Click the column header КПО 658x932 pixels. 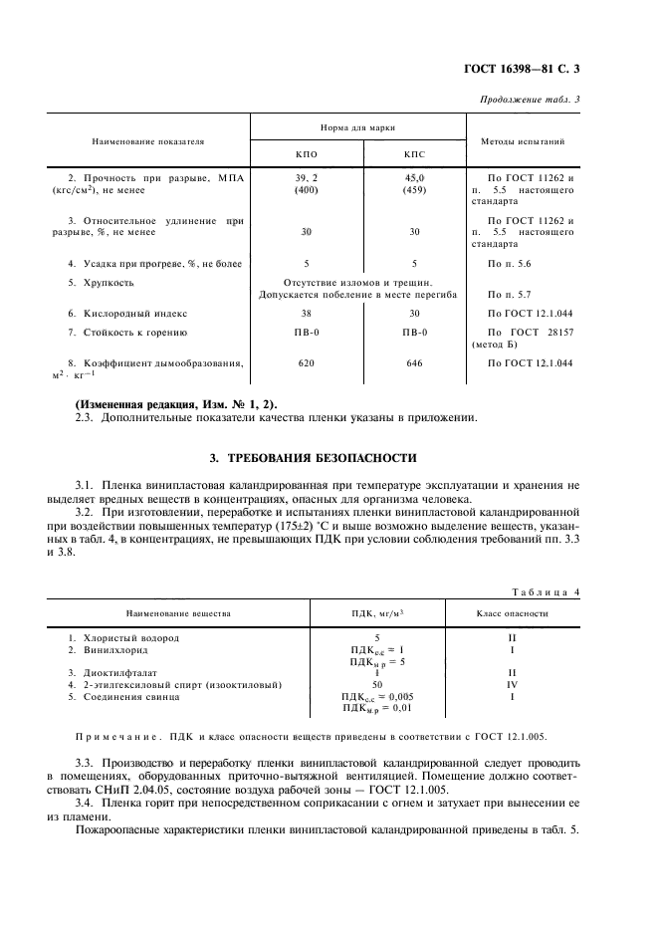307,155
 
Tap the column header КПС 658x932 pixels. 413,155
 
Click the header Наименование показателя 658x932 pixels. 148,141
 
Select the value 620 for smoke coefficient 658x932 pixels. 307,363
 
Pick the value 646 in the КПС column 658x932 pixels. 413,363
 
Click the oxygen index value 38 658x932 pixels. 307,313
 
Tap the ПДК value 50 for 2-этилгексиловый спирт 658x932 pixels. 377,684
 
